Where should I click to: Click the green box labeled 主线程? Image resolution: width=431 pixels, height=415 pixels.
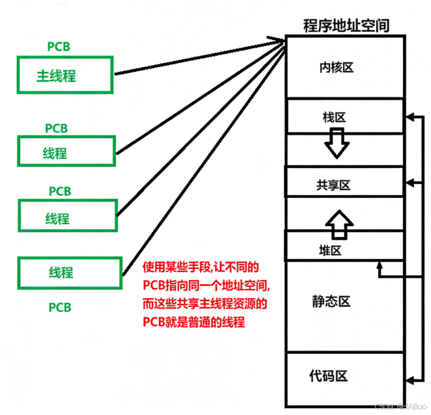click(65, 76)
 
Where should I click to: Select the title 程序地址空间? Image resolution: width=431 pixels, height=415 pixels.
click(346, 26)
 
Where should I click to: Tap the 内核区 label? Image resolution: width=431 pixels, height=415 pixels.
click(336, 67)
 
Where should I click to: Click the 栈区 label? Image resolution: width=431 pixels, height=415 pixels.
click(334, 117)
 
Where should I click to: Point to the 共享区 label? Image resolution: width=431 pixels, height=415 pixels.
click(333, 185)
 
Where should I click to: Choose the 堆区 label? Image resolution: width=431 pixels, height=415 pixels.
click(330, 251)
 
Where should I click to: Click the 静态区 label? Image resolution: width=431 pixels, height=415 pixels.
click(331, 301)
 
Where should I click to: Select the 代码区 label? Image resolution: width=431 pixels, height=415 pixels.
click(328, 376)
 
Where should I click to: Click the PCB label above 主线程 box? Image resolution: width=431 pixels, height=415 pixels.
click(59, 47)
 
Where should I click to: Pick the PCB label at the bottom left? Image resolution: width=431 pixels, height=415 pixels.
click(60, 307)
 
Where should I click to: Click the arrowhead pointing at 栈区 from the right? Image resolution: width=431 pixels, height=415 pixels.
click(408, 116)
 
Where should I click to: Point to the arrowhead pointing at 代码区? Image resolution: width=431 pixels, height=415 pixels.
click(408, 379)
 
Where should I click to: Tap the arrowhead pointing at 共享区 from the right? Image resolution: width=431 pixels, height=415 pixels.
click(408, 182)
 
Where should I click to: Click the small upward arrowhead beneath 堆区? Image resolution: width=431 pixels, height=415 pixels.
click(379, 266)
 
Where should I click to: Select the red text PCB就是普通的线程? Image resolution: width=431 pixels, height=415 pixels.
click(193, 323)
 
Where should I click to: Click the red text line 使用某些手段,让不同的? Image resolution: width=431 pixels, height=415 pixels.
click(200, 268)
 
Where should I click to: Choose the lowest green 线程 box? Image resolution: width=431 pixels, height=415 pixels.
click(65, 272)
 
